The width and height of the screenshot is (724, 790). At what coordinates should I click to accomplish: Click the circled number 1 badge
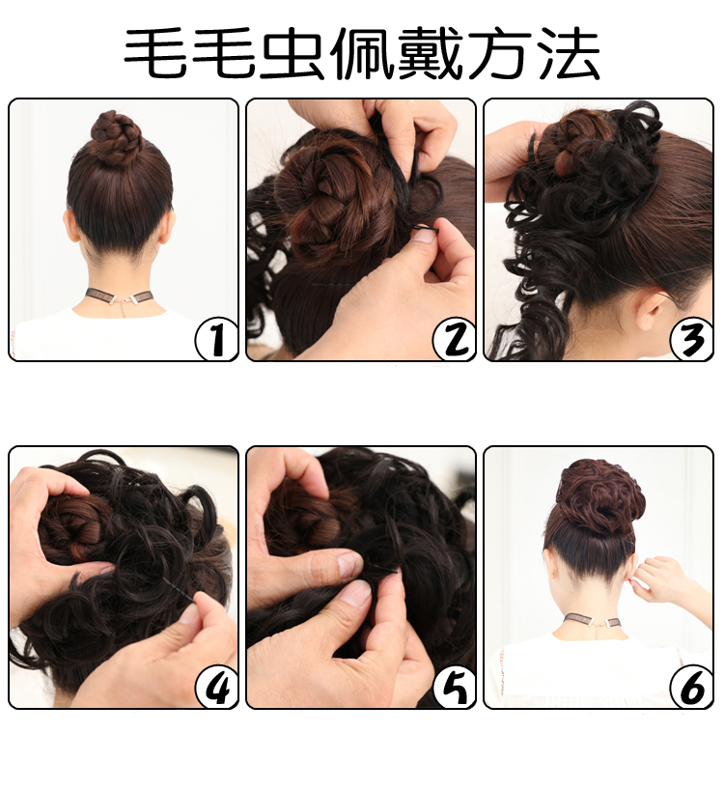pos(216,339)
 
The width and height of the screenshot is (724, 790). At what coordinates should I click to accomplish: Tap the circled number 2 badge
pos(454,339)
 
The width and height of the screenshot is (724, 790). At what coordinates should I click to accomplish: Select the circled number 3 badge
pos(692,339)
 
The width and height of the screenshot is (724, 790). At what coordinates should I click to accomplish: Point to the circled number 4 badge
pos(216,687)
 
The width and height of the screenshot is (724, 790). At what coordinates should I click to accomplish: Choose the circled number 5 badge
pos(454,687)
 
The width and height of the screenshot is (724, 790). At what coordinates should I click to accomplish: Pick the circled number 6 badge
pos(692,687)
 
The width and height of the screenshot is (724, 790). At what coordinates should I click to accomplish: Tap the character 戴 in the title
pos(430,53)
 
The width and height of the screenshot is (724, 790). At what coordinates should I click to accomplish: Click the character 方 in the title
pos(498,53)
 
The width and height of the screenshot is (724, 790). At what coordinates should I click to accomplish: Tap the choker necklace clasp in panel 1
pos(123,300)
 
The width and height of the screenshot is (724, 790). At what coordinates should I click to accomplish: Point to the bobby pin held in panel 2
pos(426,230)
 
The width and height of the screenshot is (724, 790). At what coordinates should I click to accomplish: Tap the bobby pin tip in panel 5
pos(399,573)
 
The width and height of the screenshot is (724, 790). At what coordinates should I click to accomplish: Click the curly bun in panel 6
pos(601,496)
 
